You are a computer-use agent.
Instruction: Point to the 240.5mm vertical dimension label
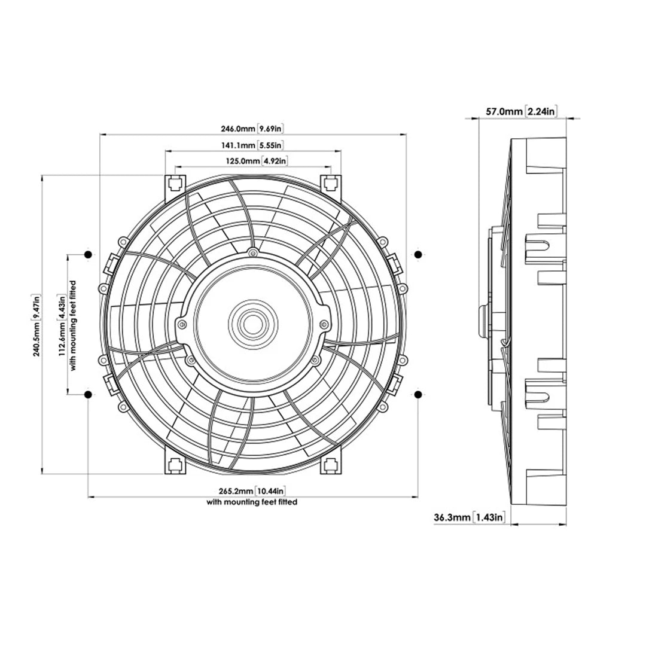(x=37, y=325)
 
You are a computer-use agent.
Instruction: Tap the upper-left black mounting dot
(x=88, y=255)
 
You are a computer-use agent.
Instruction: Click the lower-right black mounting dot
(x=418, y=394)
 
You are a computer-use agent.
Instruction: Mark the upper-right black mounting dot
(x=418, y=255)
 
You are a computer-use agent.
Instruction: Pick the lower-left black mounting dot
(x=88, y=395)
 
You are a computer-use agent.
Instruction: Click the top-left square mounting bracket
(x=175, y=182)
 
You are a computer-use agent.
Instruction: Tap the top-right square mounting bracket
(x=330, y=182)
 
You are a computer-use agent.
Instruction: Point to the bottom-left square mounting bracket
(x=175, y=464)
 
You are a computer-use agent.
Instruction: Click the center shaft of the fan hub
(x=253, y=325)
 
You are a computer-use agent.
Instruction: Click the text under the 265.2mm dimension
(x=252, y=502)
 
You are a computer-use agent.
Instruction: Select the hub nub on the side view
(x=483, y=324)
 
